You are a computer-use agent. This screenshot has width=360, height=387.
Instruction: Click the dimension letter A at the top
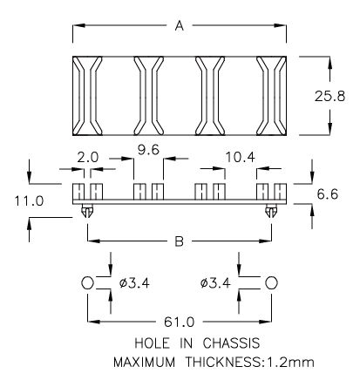click(179, 27)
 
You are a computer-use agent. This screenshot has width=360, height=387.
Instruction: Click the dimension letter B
click(179, 241)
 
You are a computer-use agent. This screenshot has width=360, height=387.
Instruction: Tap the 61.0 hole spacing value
click(178, 320)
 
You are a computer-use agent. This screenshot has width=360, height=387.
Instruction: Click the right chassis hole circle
click(272, 282)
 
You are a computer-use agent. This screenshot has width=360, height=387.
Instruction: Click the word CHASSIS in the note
click(221, 343)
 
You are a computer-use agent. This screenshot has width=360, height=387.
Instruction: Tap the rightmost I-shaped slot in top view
click(270, 95)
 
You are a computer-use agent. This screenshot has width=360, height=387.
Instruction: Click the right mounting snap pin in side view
click(273, 210)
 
